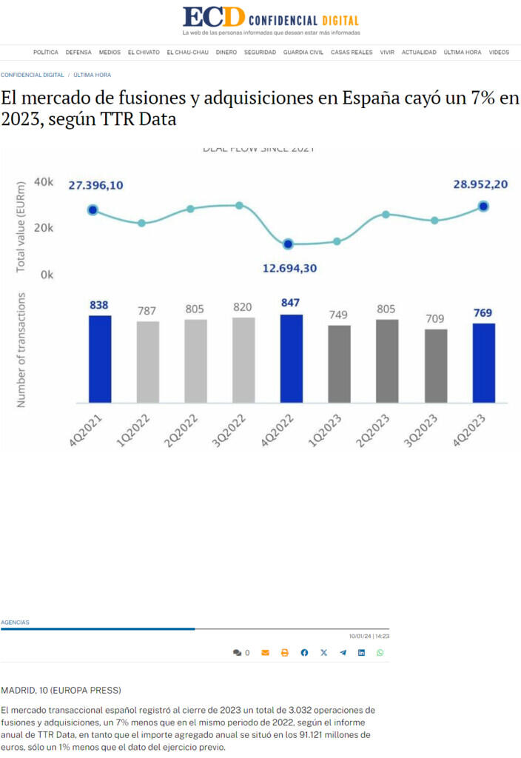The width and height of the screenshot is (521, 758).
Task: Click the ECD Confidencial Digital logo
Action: click(x=270, y=20)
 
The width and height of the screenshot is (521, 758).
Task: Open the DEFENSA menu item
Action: click(x=78, y=53)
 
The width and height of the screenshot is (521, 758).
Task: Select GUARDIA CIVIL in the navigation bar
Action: click(x=303, y=53)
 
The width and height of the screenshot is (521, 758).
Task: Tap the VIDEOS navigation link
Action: click(x=499, y=53)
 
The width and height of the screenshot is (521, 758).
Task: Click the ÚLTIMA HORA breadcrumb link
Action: click(x=93, y=75)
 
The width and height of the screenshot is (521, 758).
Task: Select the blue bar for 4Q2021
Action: click(x=100, y=359)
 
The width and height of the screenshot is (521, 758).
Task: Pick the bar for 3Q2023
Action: click(x=435, y=366)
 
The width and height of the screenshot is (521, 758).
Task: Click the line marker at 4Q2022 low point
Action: click(x=288, y=244)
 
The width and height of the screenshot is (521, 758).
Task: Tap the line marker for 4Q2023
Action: click(x=483, y=207)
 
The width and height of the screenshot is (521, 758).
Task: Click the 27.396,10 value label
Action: click(x=95, y=185)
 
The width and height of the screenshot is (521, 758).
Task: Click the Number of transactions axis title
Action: click(x=21, y=349)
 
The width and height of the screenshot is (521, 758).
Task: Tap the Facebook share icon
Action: click(x=304, y=653)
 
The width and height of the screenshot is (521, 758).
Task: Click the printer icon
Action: click(x=285, y=653)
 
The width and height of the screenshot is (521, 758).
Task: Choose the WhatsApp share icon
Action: click(x=380, y=653)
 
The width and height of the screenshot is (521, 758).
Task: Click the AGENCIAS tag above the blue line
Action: click(x=16, y=623)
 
